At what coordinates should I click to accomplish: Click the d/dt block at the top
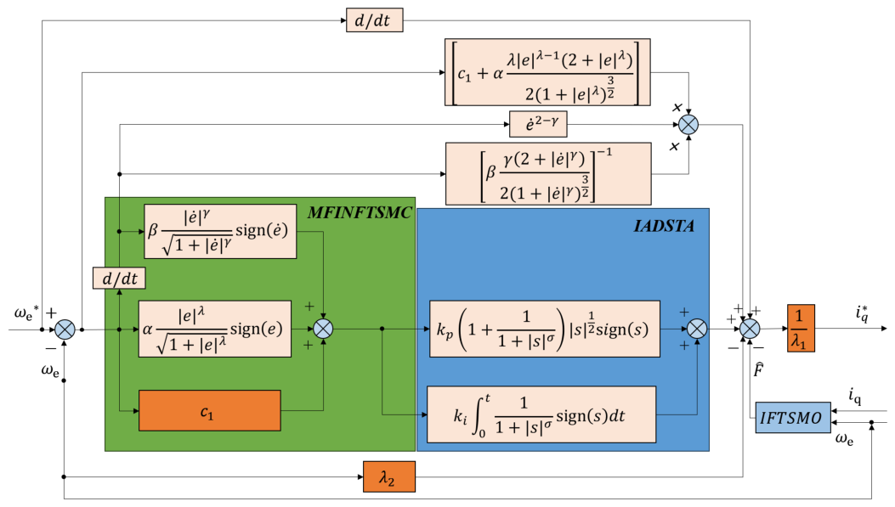coord(375,20)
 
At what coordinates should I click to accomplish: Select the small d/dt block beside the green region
coord(119,279)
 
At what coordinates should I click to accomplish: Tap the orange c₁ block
coord(209,411)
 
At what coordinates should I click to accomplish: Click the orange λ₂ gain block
coord(389,476)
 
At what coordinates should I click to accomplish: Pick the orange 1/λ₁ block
coord(801,328)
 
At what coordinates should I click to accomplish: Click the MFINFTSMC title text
coord(359,212)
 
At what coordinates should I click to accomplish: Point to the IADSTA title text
coord(664,226)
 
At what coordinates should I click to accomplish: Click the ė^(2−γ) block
coord(538,124)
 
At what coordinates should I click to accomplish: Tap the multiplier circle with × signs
coord(688,124)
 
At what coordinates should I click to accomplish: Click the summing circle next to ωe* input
coord(65,330)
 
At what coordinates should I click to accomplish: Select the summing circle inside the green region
coord(324,329)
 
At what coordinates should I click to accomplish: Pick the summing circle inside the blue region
coord(697,329)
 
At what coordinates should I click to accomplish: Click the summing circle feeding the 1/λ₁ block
coord(750,329)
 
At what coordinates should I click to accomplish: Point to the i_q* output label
coord(862,313)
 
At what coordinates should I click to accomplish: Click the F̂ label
coord(758,370)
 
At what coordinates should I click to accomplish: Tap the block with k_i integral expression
coord(541,414)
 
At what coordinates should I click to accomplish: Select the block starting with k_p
coord(545,329)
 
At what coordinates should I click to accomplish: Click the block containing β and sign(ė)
coord(220,232)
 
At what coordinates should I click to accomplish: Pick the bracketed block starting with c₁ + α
coord(547,72)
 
